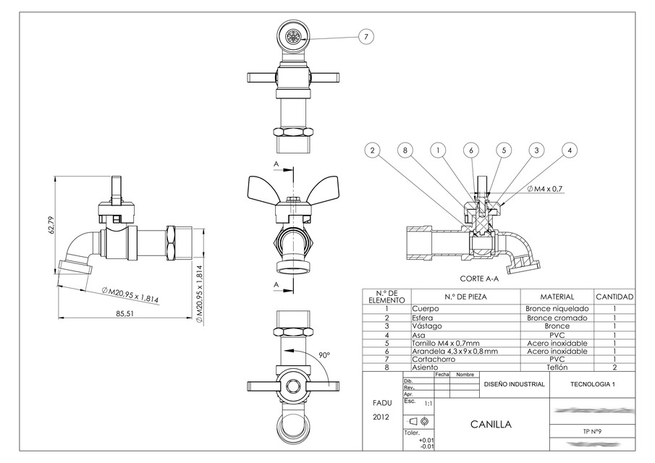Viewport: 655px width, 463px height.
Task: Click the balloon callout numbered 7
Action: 367,36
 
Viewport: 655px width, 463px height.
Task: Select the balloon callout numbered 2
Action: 372,150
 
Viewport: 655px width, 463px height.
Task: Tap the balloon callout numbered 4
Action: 570,150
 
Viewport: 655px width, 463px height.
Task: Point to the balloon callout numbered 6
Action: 471,150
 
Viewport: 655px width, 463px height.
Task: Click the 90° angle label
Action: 324,355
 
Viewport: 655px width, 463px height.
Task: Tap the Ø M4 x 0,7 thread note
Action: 545,189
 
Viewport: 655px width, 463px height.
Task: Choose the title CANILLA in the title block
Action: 491,425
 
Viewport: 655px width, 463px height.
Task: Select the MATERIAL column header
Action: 557,297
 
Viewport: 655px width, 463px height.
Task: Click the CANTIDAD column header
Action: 614,297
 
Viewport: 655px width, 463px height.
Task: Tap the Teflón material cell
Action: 557,368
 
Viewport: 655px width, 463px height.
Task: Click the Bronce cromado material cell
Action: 557,317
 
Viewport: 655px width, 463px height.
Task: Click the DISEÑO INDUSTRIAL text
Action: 514,385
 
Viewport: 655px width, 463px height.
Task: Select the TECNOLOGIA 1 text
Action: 591,385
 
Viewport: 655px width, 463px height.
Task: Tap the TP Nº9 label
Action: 591,431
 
